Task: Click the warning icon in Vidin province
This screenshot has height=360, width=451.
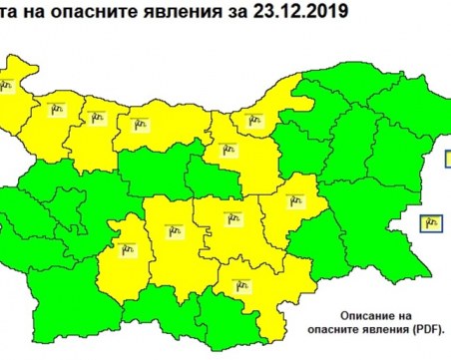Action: (5, 85)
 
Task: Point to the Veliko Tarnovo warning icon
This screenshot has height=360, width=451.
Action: (225, 153)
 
